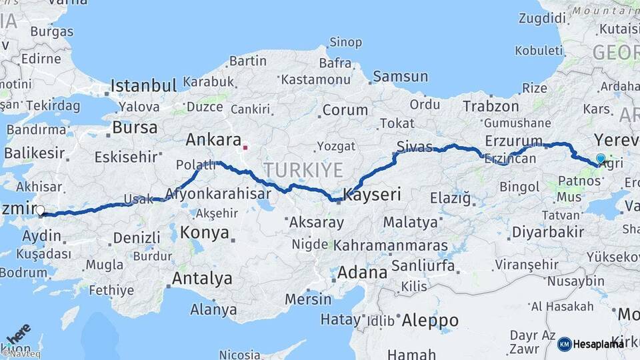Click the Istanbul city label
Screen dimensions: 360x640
click(x=143, y=85)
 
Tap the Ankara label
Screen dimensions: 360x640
click(x=213, y=140)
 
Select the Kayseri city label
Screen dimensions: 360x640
click(x=372, y=195)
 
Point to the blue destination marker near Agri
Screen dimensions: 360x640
click(x=601, y=159)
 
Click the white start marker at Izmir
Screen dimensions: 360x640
click(x=40, y=211)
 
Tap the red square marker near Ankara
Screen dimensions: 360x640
click(x=246, y=146)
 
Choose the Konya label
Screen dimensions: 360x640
click(x=205, y=233)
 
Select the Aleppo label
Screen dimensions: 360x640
click(x=430, y=320)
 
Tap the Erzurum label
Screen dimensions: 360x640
click(x=514, y=141)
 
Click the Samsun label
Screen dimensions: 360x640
click(x=400, y=77)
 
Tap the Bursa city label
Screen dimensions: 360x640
click(x=135, y=127)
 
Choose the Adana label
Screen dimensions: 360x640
click(x=362, y=272)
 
